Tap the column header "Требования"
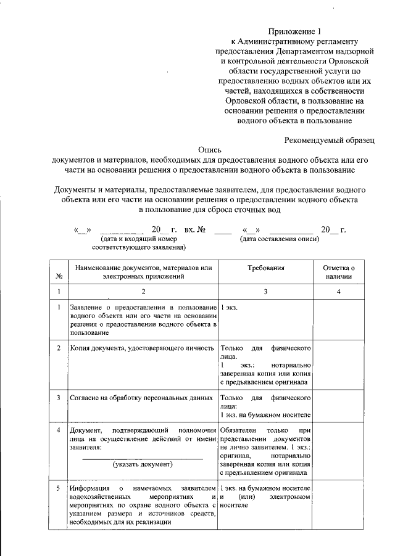point(265,269)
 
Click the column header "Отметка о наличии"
point(339,273)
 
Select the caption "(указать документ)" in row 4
point(143,464)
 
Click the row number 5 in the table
point(59,489)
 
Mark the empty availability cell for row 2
point(339,365)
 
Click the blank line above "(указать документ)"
point(143,457)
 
